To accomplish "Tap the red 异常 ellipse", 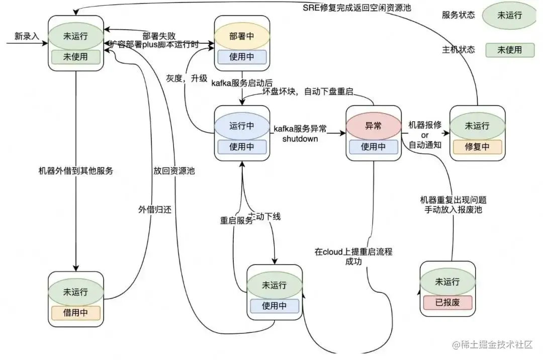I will (x=373, y=126).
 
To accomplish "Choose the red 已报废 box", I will (x=446, y=302).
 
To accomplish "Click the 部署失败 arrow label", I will (x=159, y=36).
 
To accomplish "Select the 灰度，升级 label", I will (x=187, y=78).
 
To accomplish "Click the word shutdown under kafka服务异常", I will (x=300, y=138).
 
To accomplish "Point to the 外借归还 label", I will (x=155, y=210).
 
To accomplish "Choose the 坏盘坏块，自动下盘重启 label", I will (x=309, y=92).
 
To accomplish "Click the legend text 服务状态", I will (x=458, y=15).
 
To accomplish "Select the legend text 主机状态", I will (x=458, y=49).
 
